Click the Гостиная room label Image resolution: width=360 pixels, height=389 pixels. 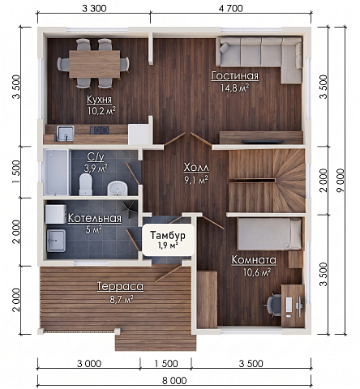235,76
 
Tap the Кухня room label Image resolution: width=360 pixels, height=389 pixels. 99,100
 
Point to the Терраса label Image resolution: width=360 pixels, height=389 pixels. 120,286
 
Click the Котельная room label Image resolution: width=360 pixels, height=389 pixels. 95,218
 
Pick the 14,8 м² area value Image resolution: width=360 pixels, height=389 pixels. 235,88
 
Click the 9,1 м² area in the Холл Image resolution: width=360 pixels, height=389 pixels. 196,180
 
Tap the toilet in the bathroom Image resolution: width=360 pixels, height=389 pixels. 86,184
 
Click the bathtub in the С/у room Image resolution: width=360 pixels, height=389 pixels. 56,172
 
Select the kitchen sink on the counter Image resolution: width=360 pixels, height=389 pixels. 65,134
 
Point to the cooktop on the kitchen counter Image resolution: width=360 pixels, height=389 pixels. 100,130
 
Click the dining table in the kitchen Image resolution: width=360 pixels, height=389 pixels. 95,64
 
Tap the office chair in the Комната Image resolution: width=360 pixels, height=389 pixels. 272,305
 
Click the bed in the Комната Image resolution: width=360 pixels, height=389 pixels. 269,234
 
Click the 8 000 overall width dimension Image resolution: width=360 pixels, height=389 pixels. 174,381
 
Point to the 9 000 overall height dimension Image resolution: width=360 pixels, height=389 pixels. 341,180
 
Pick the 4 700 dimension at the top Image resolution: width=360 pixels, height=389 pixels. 231,8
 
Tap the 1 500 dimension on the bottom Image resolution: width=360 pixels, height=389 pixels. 166,364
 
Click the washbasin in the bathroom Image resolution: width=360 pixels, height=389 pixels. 118,188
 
